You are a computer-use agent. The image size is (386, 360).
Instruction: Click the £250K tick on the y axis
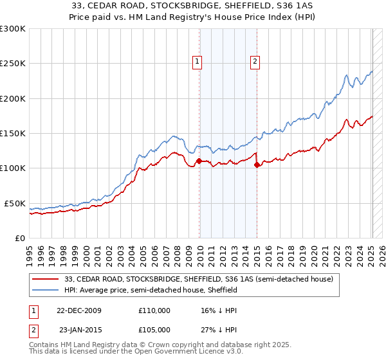pos(13,64)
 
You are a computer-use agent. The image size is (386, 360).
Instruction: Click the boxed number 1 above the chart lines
pos(197,62)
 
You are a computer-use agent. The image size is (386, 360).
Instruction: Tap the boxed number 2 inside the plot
pos(255,62)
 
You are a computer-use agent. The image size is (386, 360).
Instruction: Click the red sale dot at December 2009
pos(199,161)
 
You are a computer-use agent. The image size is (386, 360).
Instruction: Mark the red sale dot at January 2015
pos(257,165)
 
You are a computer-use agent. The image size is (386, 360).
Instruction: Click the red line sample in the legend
pos(46,280)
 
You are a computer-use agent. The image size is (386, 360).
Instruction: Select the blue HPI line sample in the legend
pos(46,291)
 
